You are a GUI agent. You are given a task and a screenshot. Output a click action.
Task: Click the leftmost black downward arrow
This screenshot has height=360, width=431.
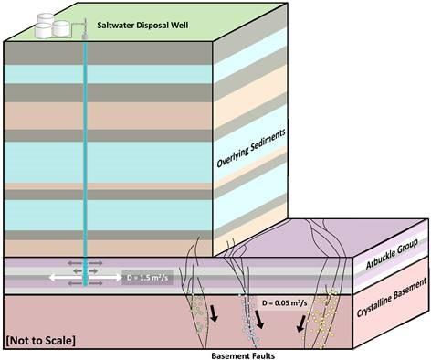coord(212,316)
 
